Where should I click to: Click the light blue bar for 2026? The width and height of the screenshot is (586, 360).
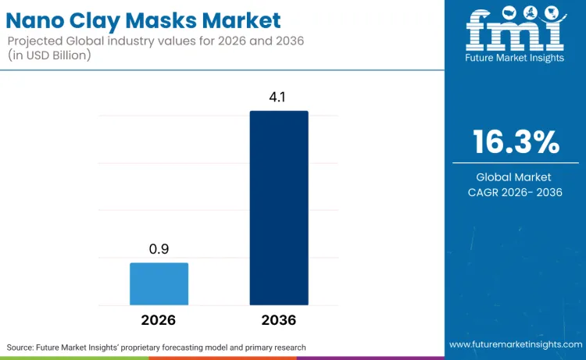159,283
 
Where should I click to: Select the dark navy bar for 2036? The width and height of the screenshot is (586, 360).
279,208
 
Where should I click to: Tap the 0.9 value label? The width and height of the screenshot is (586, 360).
159,250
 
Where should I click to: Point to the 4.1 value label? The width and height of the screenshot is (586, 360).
279,98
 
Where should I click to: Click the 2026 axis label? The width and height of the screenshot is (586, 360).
159,320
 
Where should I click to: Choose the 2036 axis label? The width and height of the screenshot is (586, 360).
279,320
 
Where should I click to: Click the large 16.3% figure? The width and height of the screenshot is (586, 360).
516,142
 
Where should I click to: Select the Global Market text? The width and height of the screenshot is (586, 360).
516,177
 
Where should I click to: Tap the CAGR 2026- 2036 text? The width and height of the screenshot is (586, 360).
516,192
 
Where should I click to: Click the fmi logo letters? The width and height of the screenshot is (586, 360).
515,31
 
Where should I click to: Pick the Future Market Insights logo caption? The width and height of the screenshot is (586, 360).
515,58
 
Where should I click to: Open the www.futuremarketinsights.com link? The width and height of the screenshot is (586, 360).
515,344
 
